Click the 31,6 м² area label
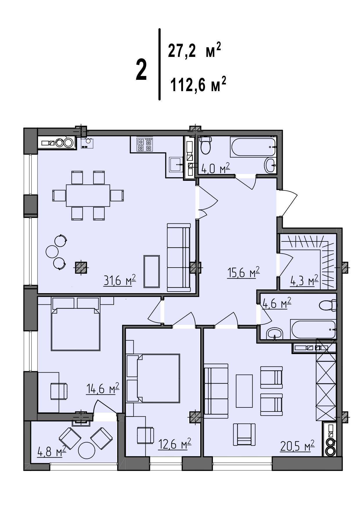(120, 281)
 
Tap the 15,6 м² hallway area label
(243, 273)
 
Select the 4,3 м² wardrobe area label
(304, 281)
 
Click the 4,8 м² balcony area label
(52, 451)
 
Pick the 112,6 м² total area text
(198, 84)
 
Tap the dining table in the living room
(88, 195)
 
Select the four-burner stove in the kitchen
(144, 145)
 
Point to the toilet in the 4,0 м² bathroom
(206, 145)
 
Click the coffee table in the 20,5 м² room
(244, 391)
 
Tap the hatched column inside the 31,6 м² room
(81, 268)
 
